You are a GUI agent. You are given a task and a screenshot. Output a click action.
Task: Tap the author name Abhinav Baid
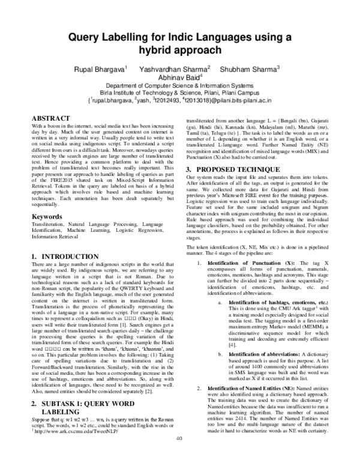180,77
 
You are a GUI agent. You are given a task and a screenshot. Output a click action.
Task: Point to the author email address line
180,102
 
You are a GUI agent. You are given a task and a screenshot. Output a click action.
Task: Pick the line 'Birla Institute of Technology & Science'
180,94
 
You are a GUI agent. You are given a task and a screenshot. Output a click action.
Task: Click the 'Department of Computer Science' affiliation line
180,86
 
